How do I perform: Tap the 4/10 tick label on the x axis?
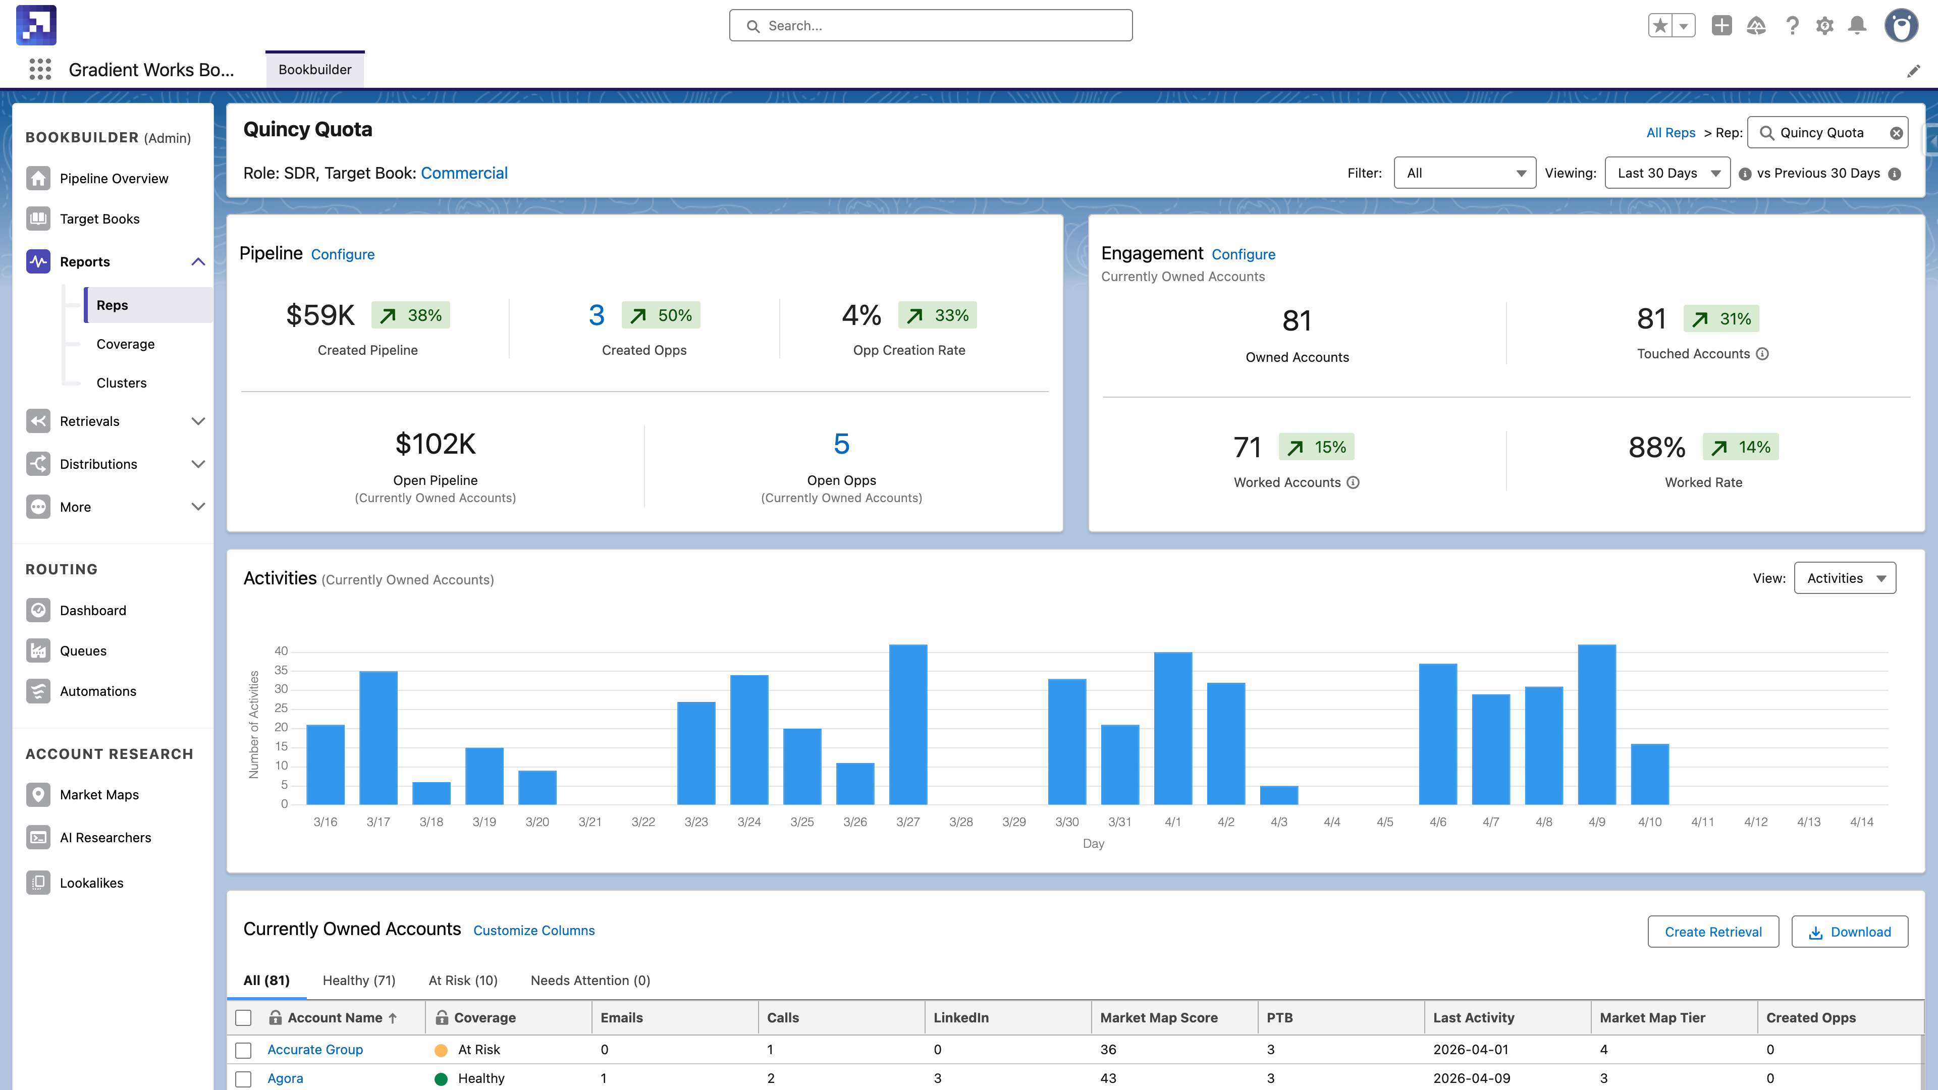click(x=1649, y=822)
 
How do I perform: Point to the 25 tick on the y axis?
click(x=281, y=708)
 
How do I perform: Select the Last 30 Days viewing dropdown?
click(x=1666, y=173)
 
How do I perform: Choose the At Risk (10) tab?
click(x=463, y=980)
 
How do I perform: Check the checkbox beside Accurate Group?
click(x=243, y=1050)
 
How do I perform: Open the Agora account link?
click(x=285, y=1078)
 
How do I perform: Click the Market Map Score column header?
click(x=1159, y=1017)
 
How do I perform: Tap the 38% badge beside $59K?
click(x=411, y=315)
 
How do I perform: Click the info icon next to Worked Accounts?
click(x=1353, y=482)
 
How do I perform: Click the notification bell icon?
click(x=1857, y=26)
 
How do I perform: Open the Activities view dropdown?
click(x=1845, y=578)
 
